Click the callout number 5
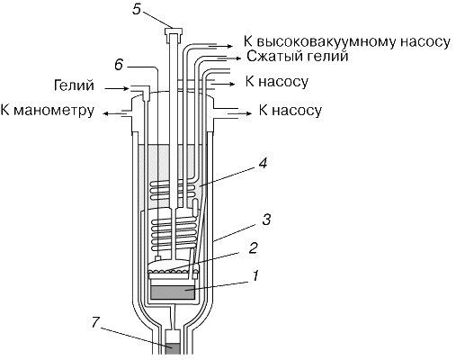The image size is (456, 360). (x=137, y=9)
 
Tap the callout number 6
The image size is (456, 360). (x=119, y=65)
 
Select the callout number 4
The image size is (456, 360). (x=263, y=163)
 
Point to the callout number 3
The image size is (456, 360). (x=266, y=220)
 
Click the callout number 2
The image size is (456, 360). (x=254, y=247)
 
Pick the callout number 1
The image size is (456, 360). (x=255, y=275)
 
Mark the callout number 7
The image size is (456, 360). (x=95, y=322)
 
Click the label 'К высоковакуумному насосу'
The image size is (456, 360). (x=347, y=42)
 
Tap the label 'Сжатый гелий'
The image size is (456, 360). (x=298, y=57)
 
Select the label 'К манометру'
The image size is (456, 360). (x=48, y=111)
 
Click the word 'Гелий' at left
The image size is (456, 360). (x=74, y=85)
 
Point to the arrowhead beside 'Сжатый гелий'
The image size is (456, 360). (x=238, y=58)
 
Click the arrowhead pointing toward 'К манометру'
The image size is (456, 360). (x=105, y=113)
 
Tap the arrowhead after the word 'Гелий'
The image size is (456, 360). (x=126, y=88)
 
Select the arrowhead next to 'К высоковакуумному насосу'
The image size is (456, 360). (x=230, y=46)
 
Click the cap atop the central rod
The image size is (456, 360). (x=174, y=31)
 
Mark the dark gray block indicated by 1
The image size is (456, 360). (x=173, y=292)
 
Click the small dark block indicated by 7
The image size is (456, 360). (x=173, y=349)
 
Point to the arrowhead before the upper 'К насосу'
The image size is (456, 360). (x=233, y=85)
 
